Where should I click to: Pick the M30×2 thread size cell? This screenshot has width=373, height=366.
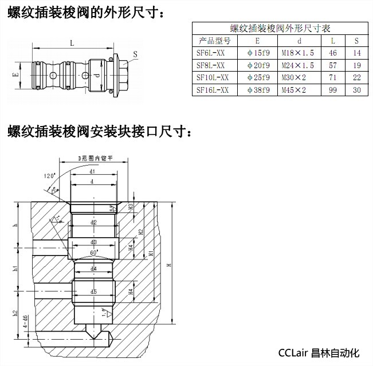(295, 77)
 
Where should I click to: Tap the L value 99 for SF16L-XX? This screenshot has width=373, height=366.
(333, 90)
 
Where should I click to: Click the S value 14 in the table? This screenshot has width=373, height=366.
(357, 53)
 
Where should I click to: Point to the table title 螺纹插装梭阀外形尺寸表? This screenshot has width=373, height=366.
(279, 28)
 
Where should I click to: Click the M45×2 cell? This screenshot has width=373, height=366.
(295, 90)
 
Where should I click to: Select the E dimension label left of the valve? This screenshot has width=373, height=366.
(16, 74)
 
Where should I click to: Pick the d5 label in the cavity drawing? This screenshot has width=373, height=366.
(93, 292)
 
